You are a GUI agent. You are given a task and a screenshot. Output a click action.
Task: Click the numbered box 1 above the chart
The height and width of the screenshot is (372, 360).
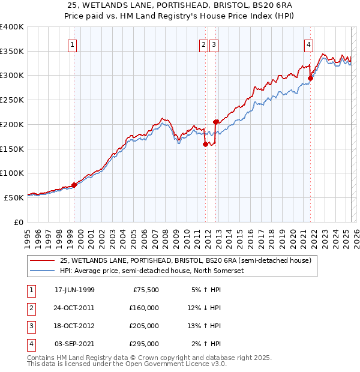(x=72, y=44)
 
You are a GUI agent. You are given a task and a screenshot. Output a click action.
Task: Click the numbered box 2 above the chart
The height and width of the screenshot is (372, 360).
(x=204, y=44)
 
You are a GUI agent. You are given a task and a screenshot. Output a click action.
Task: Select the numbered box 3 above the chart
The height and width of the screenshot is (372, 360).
(x=214, y=44)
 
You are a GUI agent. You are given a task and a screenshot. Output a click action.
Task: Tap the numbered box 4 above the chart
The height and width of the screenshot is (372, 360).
(x=308, y=44)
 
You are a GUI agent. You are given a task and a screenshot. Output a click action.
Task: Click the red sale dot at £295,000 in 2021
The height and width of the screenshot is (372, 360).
(x=311, y=77)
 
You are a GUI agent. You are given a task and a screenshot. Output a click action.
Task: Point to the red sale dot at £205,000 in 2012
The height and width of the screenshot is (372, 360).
(x=215, y=122)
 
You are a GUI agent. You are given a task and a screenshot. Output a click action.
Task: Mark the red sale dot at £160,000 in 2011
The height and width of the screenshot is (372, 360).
(x=205, y=143)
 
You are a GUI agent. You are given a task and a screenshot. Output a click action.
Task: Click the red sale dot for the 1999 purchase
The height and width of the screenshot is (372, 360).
(x=74, y=185)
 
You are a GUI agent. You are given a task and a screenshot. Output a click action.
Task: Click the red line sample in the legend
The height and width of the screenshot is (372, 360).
(x=41, y=261)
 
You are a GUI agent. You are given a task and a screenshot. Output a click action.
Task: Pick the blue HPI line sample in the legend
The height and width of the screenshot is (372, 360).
(x=41, y=271)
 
